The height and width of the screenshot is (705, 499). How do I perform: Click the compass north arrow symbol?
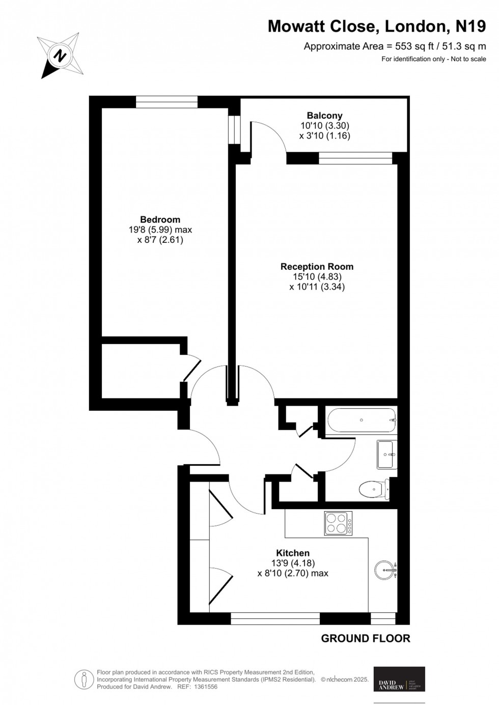[60, 55]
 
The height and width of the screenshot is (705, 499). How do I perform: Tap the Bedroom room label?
[160, 219]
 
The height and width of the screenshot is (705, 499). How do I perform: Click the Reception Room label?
[317, 266]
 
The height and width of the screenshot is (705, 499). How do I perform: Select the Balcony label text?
[324, 116]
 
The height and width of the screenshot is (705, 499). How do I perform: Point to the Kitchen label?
[293, 553]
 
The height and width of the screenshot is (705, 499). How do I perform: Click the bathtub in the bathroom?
[362, 420]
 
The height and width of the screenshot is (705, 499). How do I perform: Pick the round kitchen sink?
[385, 570]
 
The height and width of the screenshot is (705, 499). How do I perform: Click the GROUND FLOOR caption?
[365, 638]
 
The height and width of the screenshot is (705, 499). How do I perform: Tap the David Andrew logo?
[399, 679]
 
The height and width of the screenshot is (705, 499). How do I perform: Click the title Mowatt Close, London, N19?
[377, 26]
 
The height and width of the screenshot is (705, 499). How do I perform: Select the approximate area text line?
[395, 46]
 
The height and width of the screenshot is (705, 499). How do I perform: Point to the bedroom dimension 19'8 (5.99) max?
[160, 230]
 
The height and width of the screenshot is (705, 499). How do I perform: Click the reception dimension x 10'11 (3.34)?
[317, 287]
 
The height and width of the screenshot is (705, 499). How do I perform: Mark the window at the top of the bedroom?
[167, 102]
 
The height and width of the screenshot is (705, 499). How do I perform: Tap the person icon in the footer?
[84, 679]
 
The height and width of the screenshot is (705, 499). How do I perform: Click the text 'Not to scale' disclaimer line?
[433, 59]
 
